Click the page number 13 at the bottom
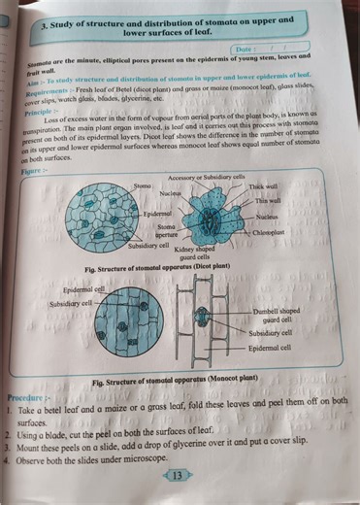click(x=177, y=475)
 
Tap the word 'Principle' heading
click(x=39, y=113)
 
